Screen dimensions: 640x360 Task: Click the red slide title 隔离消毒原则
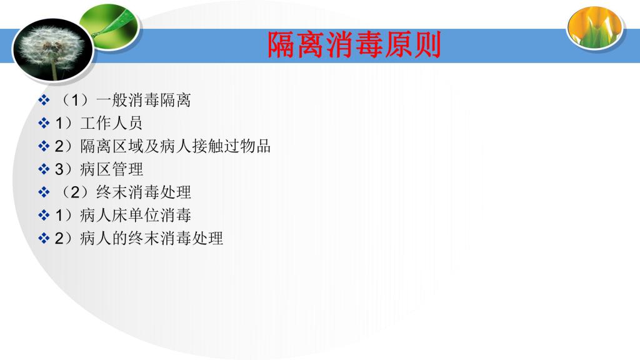[354, 44]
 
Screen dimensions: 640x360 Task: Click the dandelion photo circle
[54, 49]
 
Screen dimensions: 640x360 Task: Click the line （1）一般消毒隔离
[124, 100]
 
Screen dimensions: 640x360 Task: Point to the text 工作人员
[111, 123]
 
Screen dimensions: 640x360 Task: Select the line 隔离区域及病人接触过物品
[175, 146]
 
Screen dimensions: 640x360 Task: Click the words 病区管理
[111, 169]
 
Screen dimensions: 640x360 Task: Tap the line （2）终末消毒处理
[124, 192]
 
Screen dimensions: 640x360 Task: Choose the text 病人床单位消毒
[136, 215]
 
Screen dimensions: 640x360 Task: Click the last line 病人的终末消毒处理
[151, 238]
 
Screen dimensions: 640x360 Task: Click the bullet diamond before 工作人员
[44, 123]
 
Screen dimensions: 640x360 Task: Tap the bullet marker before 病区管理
[44, 169]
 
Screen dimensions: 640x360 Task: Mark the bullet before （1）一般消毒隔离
[44, 100]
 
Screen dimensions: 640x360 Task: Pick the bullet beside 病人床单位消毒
[44, 215]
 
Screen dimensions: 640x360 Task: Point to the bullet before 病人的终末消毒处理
[44, 238]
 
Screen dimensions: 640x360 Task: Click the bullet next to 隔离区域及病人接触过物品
[44, 146]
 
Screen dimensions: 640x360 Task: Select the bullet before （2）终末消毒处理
[44, 192]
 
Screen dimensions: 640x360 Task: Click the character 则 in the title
[427, 44]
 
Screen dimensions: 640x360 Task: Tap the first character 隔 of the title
[281, 44]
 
